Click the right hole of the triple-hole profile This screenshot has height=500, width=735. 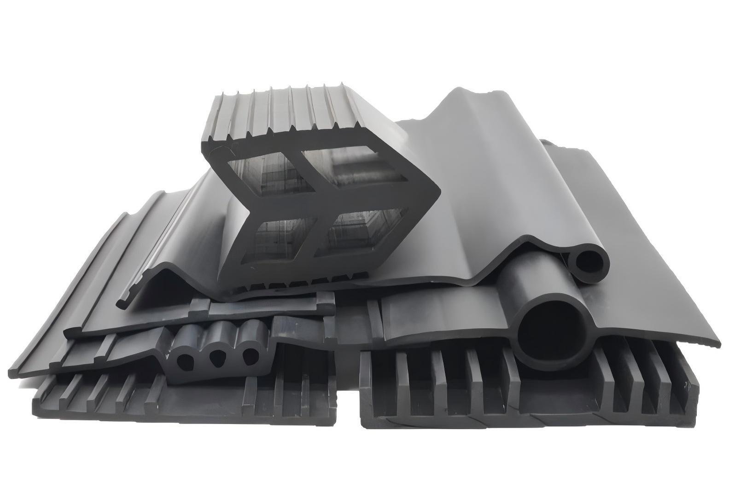coord(250,355)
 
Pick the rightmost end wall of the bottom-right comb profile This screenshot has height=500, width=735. coord(694,391)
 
